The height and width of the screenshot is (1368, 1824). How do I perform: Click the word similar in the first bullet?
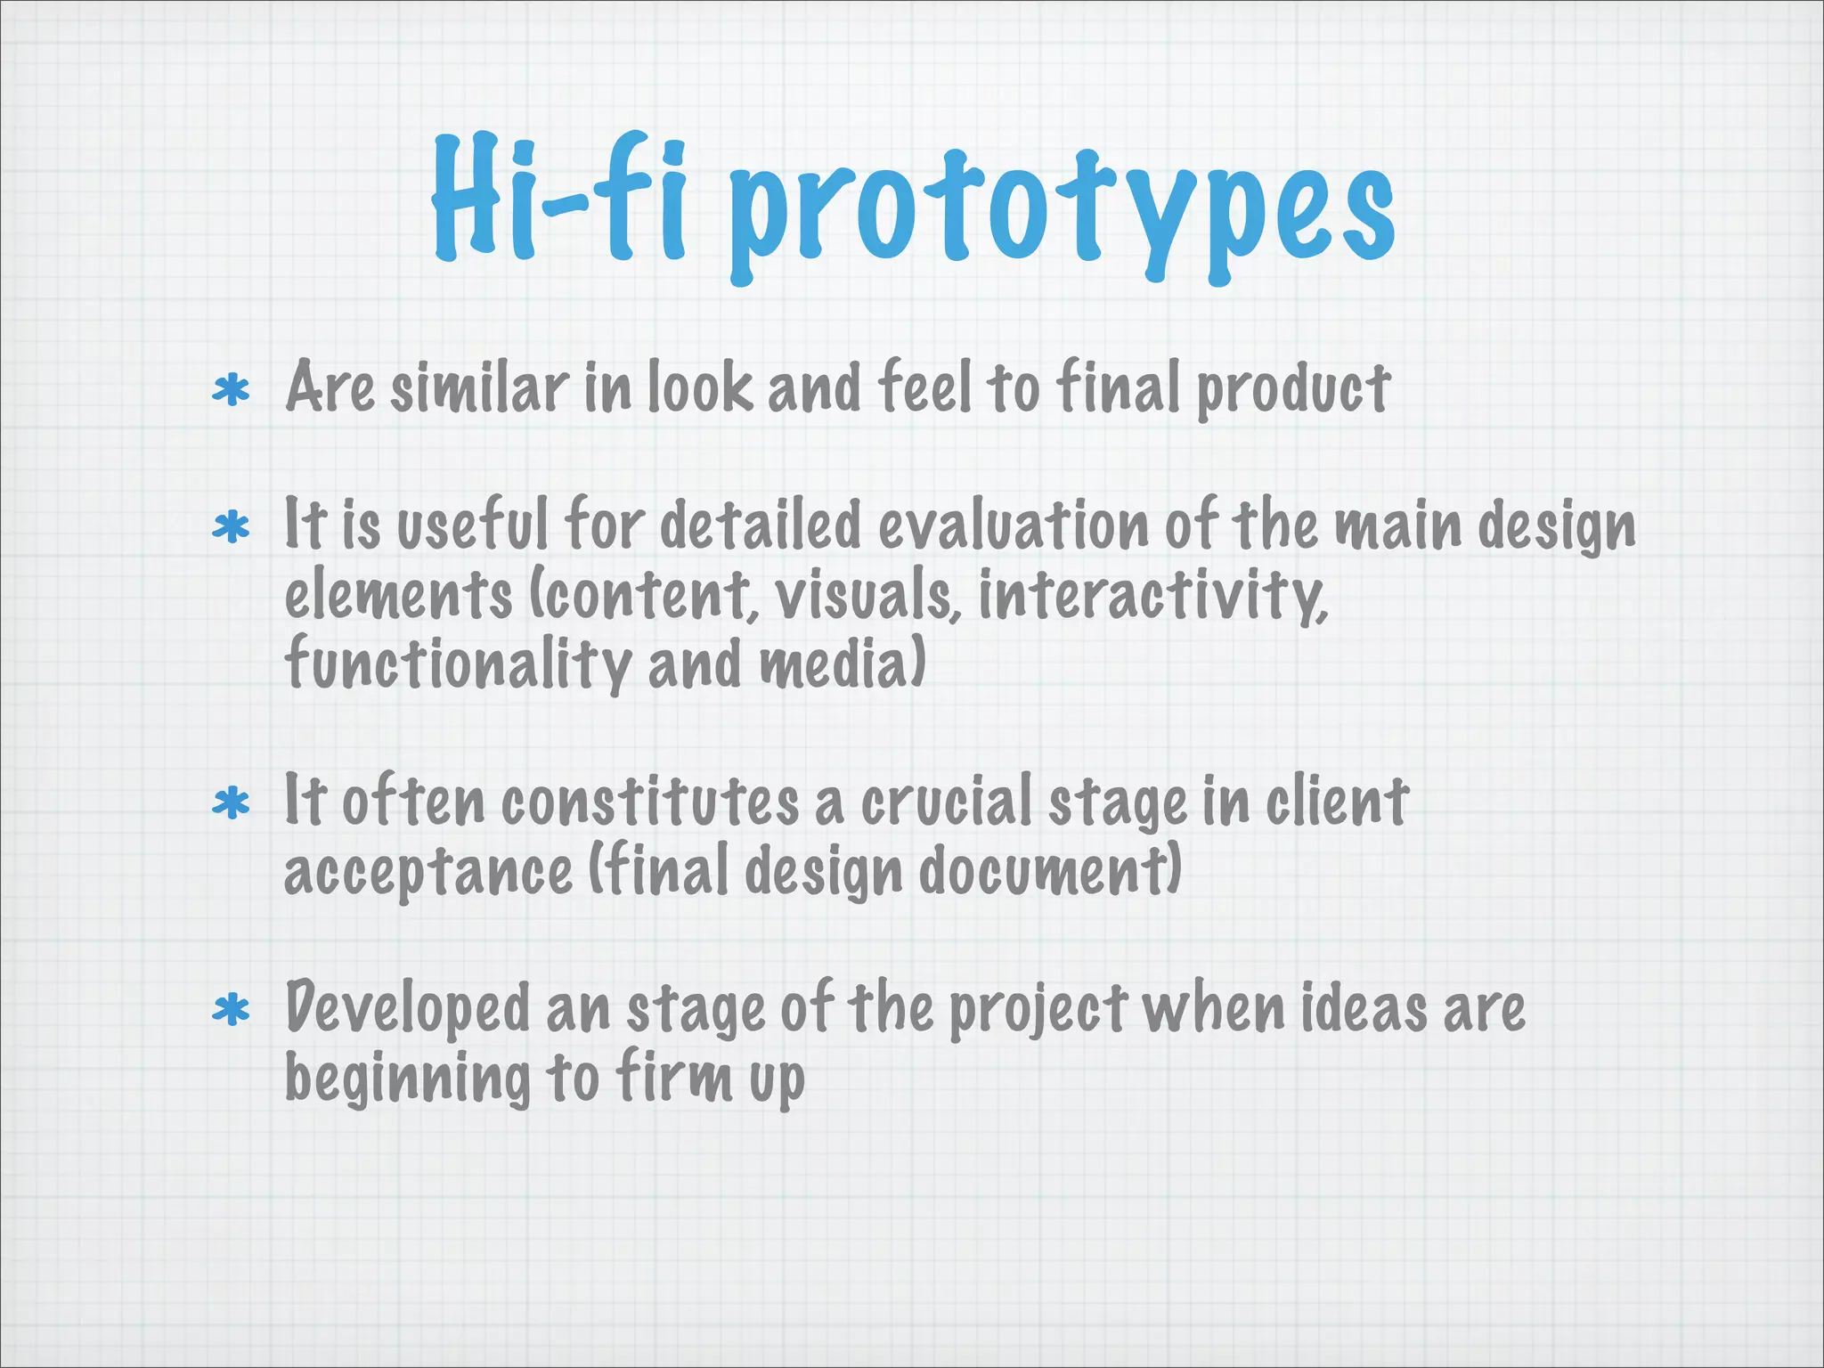[478, 388]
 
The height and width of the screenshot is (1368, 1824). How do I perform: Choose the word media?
[842, 664]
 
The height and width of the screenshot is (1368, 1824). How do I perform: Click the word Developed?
[407, 1010]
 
